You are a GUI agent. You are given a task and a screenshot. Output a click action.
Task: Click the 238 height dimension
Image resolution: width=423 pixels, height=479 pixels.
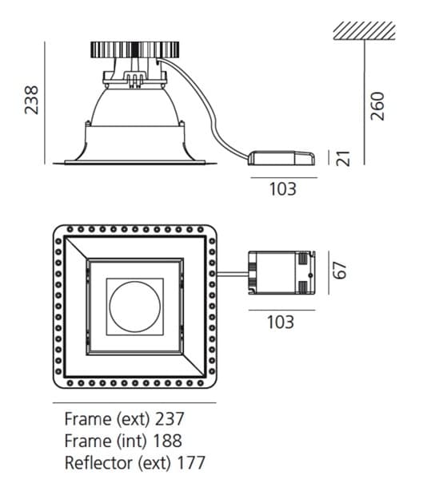[x=31, y=101]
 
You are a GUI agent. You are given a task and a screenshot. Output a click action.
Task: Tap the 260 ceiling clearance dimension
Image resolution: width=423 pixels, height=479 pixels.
[x=377, y=106]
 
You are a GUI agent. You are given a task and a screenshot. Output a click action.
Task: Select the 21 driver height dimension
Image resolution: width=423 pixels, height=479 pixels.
[x=343, y=158]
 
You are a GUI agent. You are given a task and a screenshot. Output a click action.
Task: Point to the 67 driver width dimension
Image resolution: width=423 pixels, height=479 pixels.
[x=340, y=270]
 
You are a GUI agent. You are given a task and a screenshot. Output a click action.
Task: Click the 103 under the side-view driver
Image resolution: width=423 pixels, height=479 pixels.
[x=283, y=188]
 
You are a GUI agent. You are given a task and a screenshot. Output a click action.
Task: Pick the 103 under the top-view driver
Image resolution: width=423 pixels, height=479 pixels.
[x=281, y=322]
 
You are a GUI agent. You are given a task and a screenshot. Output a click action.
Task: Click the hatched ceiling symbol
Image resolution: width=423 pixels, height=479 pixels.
[x=365, y=30]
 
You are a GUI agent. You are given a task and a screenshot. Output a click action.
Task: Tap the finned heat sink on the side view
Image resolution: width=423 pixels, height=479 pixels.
[x=134, y=49]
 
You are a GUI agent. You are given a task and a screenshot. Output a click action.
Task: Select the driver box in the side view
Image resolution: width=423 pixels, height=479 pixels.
[x=281, y=158]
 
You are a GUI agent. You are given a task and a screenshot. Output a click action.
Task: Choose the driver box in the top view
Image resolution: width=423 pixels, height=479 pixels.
[x=281, y=273]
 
